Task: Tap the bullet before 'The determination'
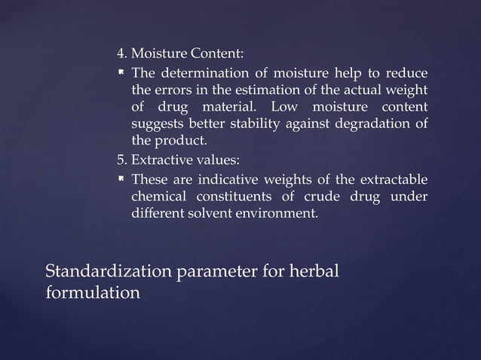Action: (121, 73)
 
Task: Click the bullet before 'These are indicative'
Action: (121, 179)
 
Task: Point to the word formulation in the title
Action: (93, 292)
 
